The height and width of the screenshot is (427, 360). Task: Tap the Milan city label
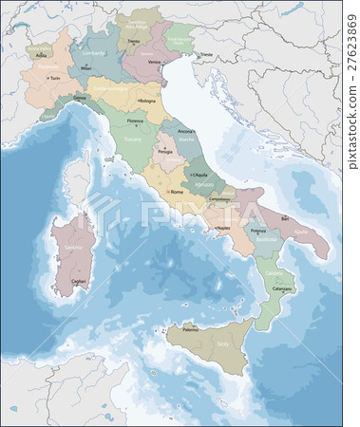click(x=86, y=68)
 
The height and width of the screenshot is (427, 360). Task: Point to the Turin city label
click(x=55, y=78)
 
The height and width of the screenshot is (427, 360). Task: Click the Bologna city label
click(x=147, y=100)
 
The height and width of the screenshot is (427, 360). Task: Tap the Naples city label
click(x=225, y=229)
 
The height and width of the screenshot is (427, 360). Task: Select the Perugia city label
click(x=163, y=152)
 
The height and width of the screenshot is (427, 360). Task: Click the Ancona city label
click(x=187, y=131)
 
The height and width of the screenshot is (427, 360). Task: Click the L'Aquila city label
click(x=200, y=176)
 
